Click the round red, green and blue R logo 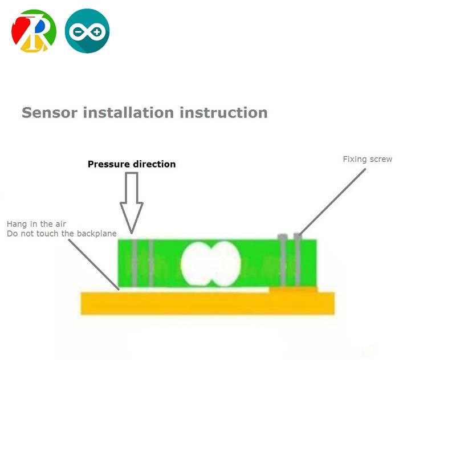click(x=34, y=31)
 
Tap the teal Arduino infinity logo click(x=87, y=31)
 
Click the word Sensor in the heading click(x=50, y=112)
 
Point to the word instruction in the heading click(x=224, y=112)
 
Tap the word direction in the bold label click(x=154, y=164)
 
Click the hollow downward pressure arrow click(x=132, y=202)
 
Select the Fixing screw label click(x=367, y=159)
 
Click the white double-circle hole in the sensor click(x=210, y=264)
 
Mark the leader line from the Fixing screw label click(x=333, y=199)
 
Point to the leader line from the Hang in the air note click(x=94, y=264)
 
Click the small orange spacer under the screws click(x=293, y=290)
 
